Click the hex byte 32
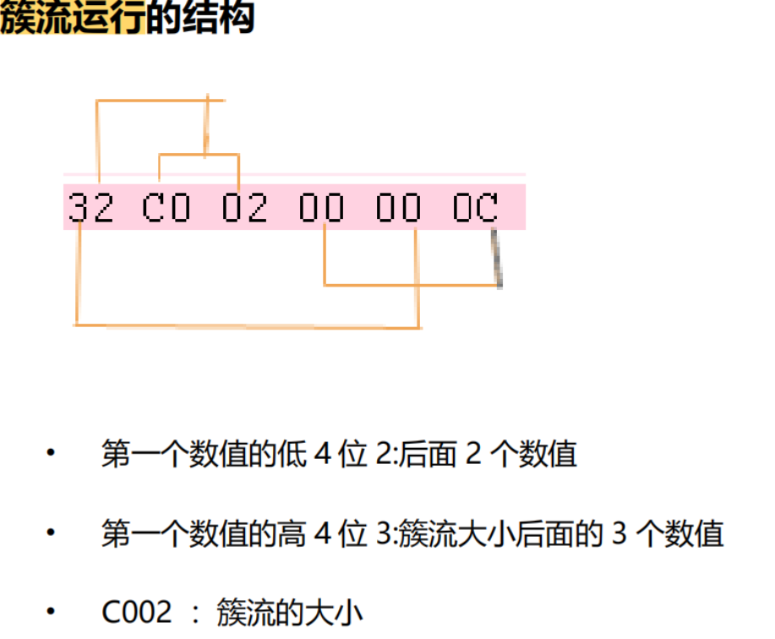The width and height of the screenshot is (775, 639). coord(90,207)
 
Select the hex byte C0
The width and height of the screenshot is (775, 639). coord(166,207)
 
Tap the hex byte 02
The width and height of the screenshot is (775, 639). coord(244,207)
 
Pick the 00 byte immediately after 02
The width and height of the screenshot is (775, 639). coord(322,207)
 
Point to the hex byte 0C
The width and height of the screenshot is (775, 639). coord(476,207)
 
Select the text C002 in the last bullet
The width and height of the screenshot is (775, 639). coord(136,612)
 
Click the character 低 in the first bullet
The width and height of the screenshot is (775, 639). coord(290,455)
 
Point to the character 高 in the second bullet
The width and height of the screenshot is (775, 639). coord(290,534)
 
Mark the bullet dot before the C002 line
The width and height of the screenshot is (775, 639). coord(51,611)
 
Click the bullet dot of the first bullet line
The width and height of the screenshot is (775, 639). coord(51,454)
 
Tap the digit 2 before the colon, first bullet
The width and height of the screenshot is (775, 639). coord(383,455)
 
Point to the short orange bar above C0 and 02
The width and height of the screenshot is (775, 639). coord(199,155)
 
